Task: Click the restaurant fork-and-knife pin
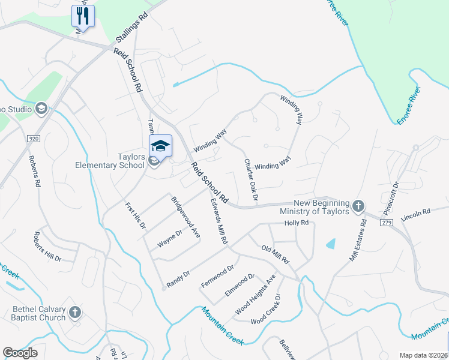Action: [83, 16]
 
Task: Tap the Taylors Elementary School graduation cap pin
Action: [160, 146]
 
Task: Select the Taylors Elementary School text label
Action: [110, 161]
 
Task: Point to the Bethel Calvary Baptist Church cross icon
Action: [75, 313]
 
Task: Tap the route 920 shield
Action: [33, 139]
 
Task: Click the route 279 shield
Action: [387, 222]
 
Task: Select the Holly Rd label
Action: [296, 223]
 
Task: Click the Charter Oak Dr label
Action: [251, 179]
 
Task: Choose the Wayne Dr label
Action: [169, 239]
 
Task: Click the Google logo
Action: [20, 353]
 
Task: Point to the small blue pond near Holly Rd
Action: [331, 244]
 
